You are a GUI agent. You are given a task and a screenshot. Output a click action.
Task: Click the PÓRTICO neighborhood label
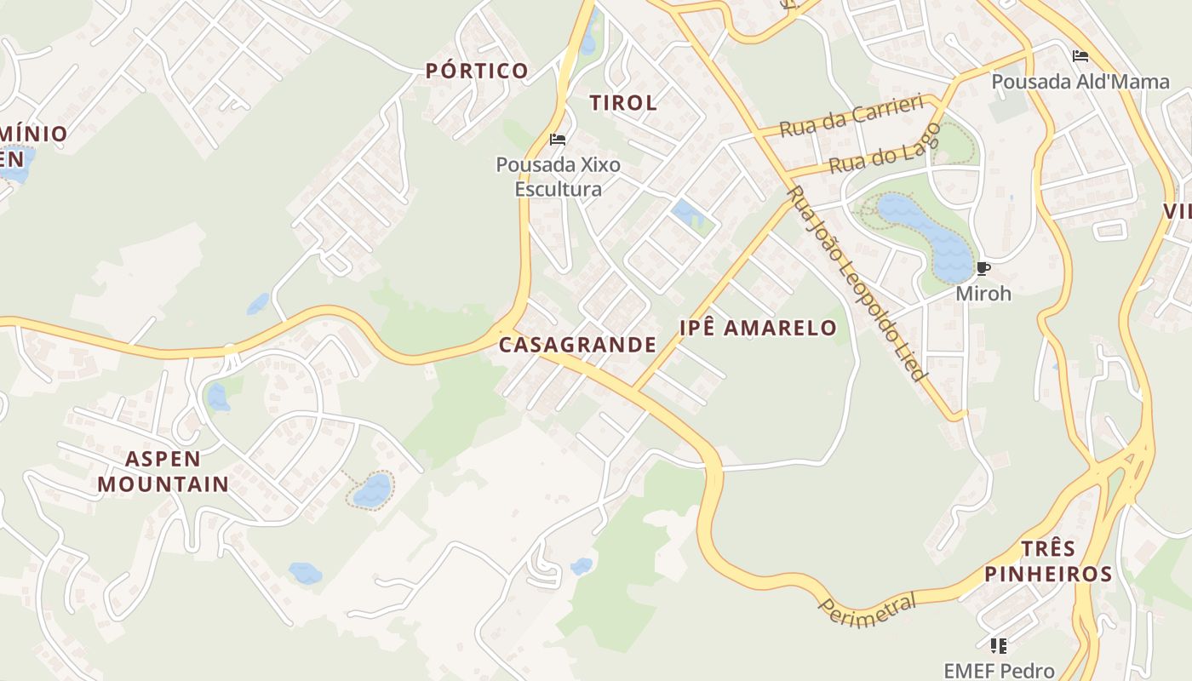pos(477,71)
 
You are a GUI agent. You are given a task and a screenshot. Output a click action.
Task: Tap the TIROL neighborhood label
pos(623,103)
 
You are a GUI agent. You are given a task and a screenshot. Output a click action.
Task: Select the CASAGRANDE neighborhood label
pos(577,345)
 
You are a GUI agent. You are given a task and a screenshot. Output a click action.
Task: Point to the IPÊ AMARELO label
pos(758,328)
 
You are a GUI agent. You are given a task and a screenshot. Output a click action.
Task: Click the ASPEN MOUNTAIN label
pos(163,472)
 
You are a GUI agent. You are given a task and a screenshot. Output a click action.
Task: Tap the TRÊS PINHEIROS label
pos(1048,560)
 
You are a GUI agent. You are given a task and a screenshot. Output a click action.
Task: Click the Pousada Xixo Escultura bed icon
pos(558,140)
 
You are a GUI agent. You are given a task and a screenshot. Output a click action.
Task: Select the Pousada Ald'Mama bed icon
pos(1080,57)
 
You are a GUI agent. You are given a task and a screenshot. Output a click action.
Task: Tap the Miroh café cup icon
pos(983,269)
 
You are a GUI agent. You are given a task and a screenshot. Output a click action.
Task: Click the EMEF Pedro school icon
pos(999,645)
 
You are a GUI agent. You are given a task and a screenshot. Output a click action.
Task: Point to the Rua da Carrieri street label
pos(851,117)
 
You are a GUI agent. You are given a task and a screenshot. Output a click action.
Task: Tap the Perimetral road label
pos(868,609)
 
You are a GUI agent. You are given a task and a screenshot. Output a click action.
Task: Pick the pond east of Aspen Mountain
pos(372,490)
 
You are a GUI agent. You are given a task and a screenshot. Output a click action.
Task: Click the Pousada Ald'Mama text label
pos(1080,83)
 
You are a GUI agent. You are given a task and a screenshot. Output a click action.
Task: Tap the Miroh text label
pos(983,294)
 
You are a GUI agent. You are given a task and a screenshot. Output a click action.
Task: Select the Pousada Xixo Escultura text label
pos(558,176)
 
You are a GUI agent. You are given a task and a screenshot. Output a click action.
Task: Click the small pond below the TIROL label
pos(686,211)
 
